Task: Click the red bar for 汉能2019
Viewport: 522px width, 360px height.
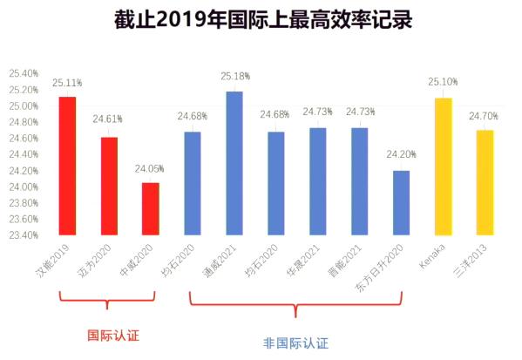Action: tap(67, 166)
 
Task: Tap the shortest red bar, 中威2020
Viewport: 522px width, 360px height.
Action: tap(150, 208)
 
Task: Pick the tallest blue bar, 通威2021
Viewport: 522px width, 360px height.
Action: tap(234, 163)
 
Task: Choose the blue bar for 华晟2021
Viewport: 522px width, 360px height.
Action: tap(317, 181)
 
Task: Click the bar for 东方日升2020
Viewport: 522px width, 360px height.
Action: tap(401, 202)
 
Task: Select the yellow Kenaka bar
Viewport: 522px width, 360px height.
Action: tap(443, 166)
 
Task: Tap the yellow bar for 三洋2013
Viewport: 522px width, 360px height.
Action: tap(485, 182)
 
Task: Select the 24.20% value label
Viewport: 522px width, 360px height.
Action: tap(401, 154)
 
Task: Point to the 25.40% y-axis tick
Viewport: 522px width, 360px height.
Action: tap(24, 73)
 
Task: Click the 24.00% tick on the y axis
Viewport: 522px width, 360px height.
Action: tap(24, 187)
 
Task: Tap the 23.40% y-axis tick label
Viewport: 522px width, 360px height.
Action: tap(24, 234)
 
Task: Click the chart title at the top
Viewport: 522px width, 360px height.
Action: tap(262, 19)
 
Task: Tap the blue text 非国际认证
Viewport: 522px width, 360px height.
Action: tap(295, 343)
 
